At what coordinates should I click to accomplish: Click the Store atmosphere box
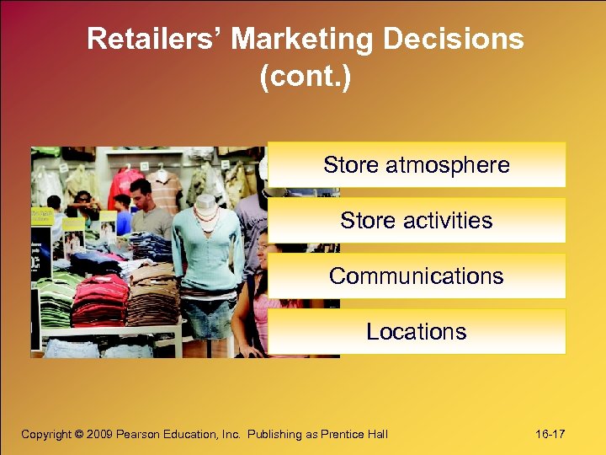(x=417, y=164)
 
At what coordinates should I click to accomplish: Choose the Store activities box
(x=417, y=220)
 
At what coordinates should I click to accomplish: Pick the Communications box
(x=417, y=276)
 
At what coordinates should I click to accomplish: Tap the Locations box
(x=417, y=331)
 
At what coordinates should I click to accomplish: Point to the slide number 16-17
(x=550, y=434)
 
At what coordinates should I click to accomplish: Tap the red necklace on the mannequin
(x=205, y=213)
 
